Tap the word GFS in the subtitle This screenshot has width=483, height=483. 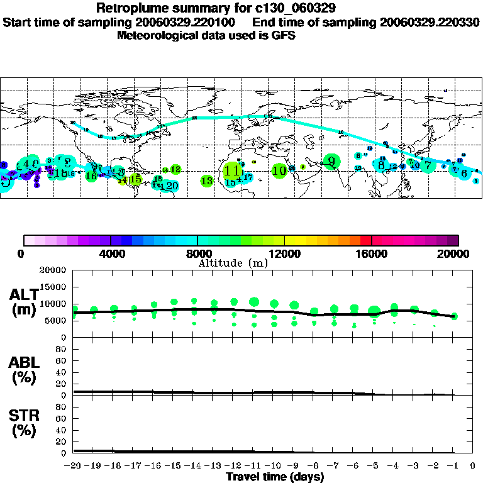click(x=282, y=35)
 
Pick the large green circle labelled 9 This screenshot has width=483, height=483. click(x=331, y=161)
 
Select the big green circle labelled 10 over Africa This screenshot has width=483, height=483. click(x=280, y=170)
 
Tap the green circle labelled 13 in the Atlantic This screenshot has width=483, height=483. click(x=207, y=180)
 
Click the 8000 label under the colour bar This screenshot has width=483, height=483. click(x=197, y=253)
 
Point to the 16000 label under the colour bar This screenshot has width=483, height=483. click(x=372, y=253)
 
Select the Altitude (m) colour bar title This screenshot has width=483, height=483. click(x=233, y=263)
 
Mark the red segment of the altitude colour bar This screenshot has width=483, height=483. click(x=365, y=240)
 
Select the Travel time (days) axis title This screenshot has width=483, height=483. click(x=275, y=477)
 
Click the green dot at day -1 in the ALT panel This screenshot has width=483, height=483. click(x=454, y=316)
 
